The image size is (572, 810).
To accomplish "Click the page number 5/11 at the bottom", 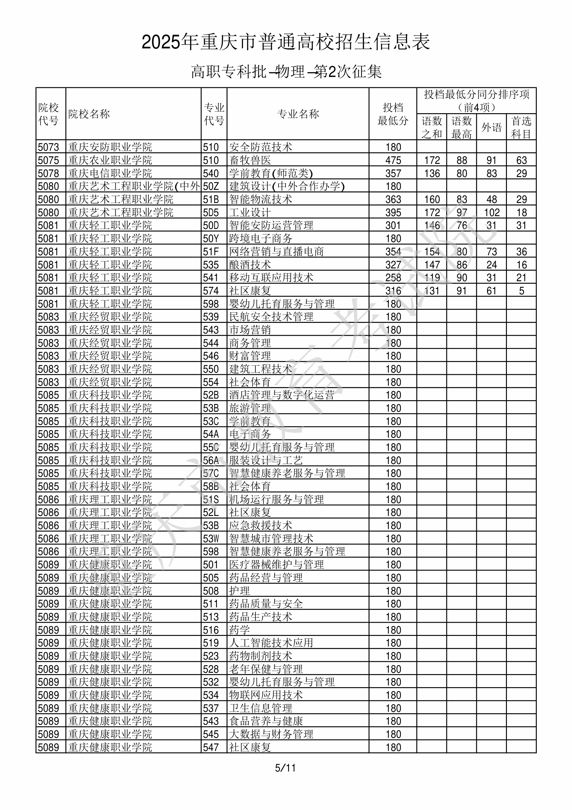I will (x=285, y=768).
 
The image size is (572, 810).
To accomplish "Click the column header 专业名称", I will (x=298, y=114).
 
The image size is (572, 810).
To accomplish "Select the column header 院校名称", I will (x=89, y=114).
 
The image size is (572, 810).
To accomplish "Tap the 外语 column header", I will (x=491, y=127).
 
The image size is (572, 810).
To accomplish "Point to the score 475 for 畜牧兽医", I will (x=393, y=160).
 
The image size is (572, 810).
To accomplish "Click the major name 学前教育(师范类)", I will (x=271, y=173).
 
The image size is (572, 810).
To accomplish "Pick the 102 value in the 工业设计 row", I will (x=491, y=212).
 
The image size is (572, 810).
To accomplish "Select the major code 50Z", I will (x=211, y=186).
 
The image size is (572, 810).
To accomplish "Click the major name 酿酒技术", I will (x=250, y=265).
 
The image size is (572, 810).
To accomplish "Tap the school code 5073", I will (x=48, y=147).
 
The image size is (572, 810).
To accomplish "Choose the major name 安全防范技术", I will (x=261, y=147).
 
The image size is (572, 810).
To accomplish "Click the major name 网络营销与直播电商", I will (x=276, y=251).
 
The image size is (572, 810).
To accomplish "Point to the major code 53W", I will (x=211, y=538).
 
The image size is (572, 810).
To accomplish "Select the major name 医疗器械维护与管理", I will (x=276, y=564).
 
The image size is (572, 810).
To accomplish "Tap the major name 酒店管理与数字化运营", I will (x=281, y=395).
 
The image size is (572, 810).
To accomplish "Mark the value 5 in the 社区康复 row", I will (x=521, y=291).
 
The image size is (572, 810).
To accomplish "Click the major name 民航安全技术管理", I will (x=271, y=317).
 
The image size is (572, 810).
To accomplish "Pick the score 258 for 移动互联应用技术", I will (x=393, y=278).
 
